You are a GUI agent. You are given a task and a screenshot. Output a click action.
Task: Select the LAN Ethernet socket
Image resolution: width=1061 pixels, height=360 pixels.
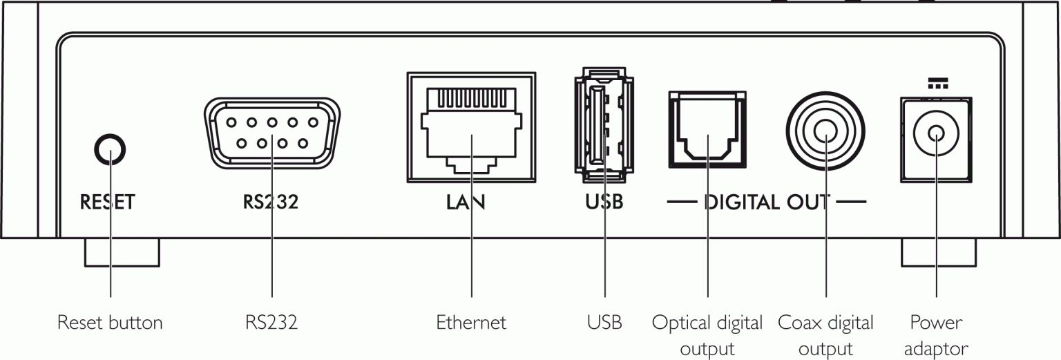[x=472, y=127]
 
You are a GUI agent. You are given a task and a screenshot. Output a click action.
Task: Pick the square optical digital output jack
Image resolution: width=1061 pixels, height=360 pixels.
[x=707, y=130]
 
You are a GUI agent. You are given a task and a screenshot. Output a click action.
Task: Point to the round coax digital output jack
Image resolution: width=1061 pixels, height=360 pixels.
[x=825, y=130]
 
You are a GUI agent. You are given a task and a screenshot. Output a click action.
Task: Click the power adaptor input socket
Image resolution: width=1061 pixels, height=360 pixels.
[x=935, y=135]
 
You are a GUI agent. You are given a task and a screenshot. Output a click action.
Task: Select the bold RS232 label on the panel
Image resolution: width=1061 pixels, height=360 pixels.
[x=270, y=202]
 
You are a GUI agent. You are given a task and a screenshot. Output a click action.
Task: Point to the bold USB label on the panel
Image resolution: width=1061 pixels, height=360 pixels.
[x=603, y=202]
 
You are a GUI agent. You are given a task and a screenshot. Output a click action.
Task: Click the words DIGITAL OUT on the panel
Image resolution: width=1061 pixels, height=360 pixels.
[x=767, y=202]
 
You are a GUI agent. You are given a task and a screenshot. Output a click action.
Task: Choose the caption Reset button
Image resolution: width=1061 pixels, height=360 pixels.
[x=110, y=323]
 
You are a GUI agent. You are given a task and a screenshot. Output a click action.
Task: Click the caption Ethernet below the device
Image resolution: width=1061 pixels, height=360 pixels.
[x=471, y=323]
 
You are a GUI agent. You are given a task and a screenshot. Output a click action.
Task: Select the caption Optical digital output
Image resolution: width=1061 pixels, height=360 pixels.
[x=707, y=335]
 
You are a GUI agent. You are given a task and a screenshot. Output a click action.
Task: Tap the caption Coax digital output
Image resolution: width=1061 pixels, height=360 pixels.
[x=825, y=335]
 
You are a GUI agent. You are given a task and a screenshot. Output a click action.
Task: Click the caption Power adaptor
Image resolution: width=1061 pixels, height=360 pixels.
[x=936, y=335]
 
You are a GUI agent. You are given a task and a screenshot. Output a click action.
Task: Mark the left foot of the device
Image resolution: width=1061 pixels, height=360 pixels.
[x=122, y=253]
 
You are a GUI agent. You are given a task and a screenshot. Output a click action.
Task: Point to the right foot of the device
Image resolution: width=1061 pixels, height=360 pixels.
[x=939, y=253]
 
